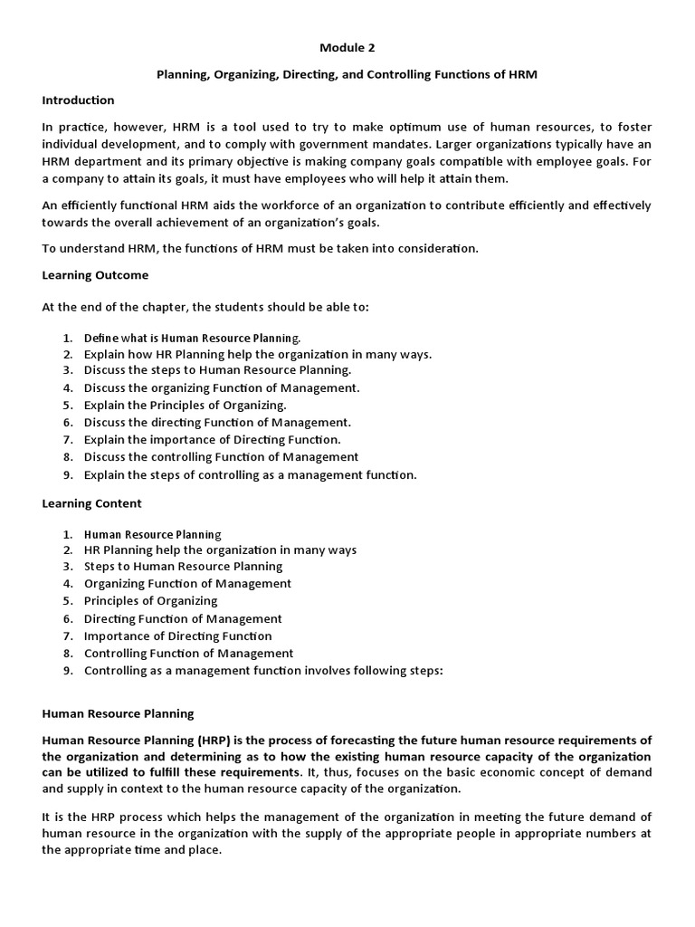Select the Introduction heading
pyautogui.click(x=78, y=100)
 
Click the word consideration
pyautogui.click(x=430, y=248)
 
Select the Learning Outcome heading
pyautogui.click(x=95, y=274)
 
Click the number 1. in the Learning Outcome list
pyautogui.click(x=68, y=338)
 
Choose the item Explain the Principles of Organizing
pyautogui.click(x=185, y=405)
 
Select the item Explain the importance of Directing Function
pyautogui.click(x=212, y=439)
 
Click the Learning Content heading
pyautogui.click(x=91, y=502)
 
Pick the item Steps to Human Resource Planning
pyautogui.click(x=183, y=566)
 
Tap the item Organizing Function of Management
pyautogui.click(x=187, y=583)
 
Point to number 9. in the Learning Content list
pyautogui.click(x=68, y=671)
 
